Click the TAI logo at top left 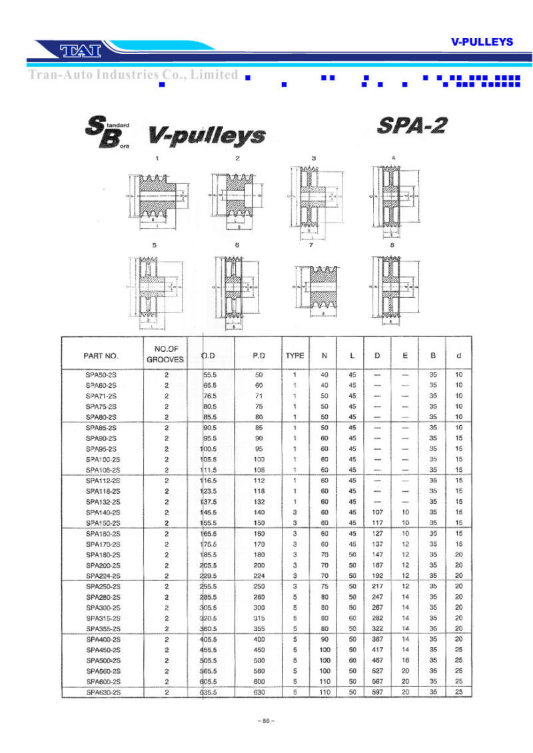coord(80,50)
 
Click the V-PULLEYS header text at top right coord(482,41)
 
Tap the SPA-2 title coord(412,125)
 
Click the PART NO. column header coord(101,356)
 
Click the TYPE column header coord(294,356)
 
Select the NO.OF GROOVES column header coord(165,354)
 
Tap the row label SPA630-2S coord(103,692)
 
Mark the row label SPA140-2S coord(103,512)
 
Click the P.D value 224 coord(259,576)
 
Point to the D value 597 coord(377,692)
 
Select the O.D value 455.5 coord(210,650)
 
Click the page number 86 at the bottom coord(266,721)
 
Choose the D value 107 coord(377,512)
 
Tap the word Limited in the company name coord(214,75)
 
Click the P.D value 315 coord(259,618)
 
